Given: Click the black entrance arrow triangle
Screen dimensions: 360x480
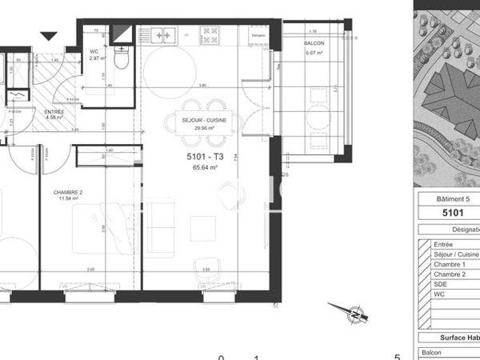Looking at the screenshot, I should click(x=49, y=35).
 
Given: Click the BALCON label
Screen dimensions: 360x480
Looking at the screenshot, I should click(x=314, y=43).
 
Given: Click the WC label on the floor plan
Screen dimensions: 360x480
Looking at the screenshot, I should click(x=94, y=51).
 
